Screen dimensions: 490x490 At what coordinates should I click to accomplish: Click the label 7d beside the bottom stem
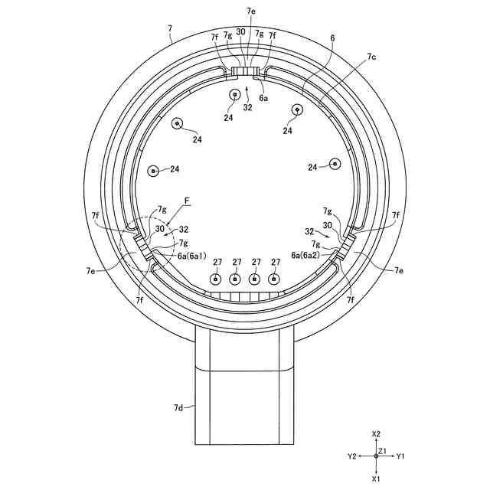tap(178, 407)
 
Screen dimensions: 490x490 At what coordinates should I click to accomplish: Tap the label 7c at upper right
tap(371, 57)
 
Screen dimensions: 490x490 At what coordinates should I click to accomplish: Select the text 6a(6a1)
tap(192, 256)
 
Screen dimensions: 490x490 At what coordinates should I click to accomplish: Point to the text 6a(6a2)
tap(305, 255)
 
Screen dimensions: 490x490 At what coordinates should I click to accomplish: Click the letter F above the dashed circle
tap(187, 201)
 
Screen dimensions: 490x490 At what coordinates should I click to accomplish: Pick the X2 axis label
tap(376, 434)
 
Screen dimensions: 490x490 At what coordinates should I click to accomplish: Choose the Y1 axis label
tap(400, 456)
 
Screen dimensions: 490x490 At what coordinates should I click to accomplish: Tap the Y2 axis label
tap(352, 456)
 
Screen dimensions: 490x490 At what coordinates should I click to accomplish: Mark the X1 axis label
tap(376, 478)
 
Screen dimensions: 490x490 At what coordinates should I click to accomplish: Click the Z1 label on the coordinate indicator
tap(383, 451)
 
